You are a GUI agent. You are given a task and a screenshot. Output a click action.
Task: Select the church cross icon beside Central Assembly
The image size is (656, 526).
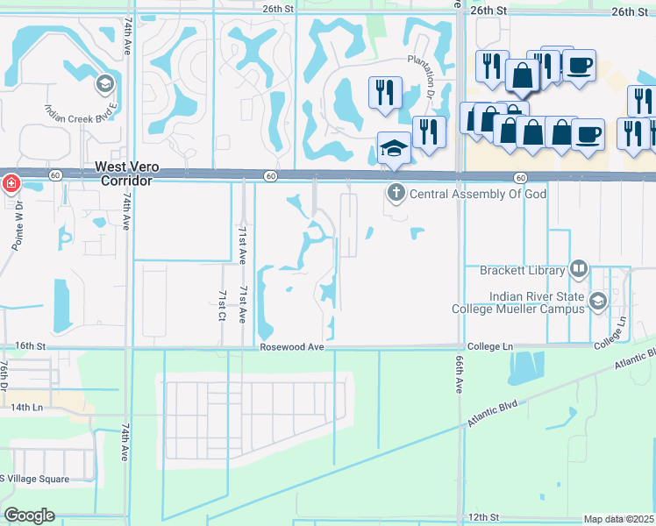click(x=396, y=191)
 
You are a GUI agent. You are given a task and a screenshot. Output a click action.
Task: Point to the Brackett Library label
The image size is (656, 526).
click(x=523, y=271)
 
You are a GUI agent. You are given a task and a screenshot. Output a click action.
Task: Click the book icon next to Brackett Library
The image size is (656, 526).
click(x=578, y=269)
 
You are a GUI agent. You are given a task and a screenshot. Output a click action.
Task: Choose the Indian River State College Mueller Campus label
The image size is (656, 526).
click(x=517, y=302)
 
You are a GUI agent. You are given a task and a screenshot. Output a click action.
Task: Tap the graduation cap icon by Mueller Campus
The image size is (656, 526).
click(x=597, y=302)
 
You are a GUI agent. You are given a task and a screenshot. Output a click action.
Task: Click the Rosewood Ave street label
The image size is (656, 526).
click(x=292, y=347)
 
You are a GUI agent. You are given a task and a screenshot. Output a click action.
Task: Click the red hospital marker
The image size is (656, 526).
click(x=11, y=184)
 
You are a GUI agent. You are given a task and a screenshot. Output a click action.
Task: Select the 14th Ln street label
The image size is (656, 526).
click(x=26, y=408)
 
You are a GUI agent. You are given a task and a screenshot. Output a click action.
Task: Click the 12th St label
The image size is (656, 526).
click(x=483, y=517)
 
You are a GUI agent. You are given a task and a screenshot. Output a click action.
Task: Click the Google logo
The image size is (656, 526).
click(x=29, y=515)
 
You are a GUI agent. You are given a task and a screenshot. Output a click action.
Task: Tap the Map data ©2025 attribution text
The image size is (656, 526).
click(x=618, y=519)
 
